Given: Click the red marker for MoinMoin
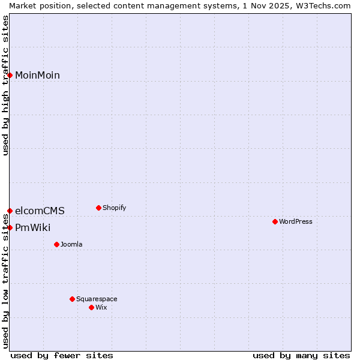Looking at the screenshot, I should pyautogui.click(x=10, y=75).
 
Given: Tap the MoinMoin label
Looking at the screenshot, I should pyautogui.click(x=37, y=75).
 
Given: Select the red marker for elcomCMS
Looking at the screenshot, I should pyautogui.click(x=10, y=211).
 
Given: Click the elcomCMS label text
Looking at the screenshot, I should pyautogui.click(x=40, y=211).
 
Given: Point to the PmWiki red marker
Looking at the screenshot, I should pyautogui.click(x=10, y=227).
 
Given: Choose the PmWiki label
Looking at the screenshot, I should pyautogui.click(x=32, y=227).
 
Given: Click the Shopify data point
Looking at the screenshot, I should pyautogui.click(x=98, y=208).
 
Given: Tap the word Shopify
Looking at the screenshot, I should pyautogui.click(x=114, y=208).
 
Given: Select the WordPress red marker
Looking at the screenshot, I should pyautogui.click(x=275, y=221).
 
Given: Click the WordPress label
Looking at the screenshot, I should pyautogui.click(x=295, y=221).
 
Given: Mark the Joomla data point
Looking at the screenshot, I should pyautogui.click(x=56, y=244).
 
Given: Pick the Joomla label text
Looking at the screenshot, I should pyautogui.click(x=71, y=244).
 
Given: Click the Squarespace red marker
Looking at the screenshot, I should pyautogui.click(x=72, y=299).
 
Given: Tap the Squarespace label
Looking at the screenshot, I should pyautogui.click(x=97, y=299).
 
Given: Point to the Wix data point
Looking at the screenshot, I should pyautogui.click(x=91, y=307).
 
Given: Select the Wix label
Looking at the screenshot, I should pyautogui.click(x=101, y=307).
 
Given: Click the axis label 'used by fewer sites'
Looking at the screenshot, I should pyautogui.click(x=62, y=355).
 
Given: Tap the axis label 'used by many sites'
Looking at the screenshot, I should pyautogui.click(x=301, y=355).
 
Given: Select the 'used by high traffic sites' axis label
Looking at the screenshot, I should pyautogui.click(x=5, y=85).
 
